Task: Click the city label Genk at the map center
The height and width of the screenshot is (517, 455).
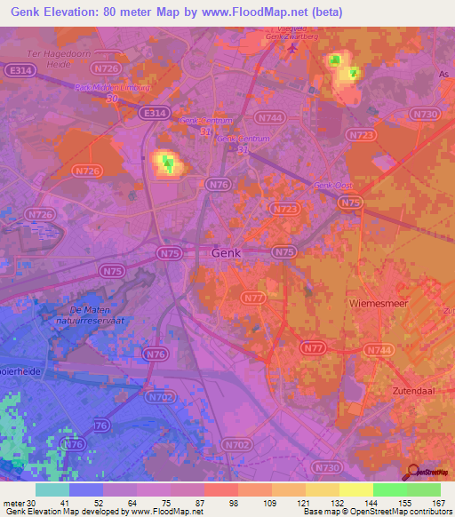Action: click(x=226, y=253)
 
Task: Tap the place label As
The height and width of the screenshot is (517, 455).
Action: click(x=444, y=76)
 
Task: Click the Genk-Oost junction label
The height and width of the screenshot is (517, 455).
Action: click(x=332, y=185)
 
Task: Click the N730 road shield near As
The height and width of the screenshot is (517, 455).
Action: click(x=427, y=114)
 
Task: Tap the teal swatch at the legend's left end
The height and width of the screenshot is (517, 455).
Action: click(x=52, y=489)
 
